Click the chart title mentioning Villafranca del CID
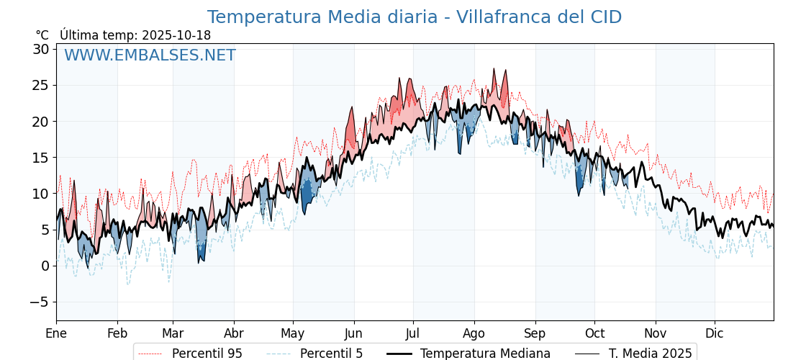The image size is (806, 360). pyautogui.click(x=414, y=17)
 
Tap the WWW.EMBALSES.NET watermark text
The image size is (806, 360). pyautogui.click(x=150, y=55)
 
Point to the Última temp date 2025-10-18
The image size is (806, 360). pyautogui.click(x=135, y=35)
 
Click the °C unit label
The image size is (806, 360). pyautogui.click(x=42, y=35)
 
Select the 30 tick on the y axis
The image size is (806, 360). pyautogui.click(x=40, y=49)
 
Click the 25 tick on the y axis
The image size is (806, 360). pyautogui.click(x=40, y=85)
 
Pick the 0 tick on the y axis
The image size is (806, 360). pyautogui.click(x=45, y=266)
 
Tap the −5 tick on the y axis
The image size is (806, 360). pyautogui.click(x=39, y=302)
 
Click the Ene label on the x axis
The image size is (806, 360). pyautogui.click(x=56, y=333)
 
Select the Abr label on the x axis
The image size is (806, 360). pyautogui.click(x=234, y=333)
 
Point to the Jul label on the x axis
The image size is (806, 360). pyautogui.click(x=413, y=333)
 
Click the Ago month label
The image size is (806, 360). pyautogui.click(x=474, y=333)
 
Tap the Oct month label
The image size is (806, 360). pyautogui.click(x=594, y=333)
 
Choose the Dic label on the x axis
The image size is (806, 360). pyautogui.click(x=715, y=333)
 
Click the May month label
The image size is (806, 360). pyautogui.click(x=293, y=333)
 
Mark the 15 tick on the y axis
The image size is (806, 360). pyautogui.click(x=40, y=158)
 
